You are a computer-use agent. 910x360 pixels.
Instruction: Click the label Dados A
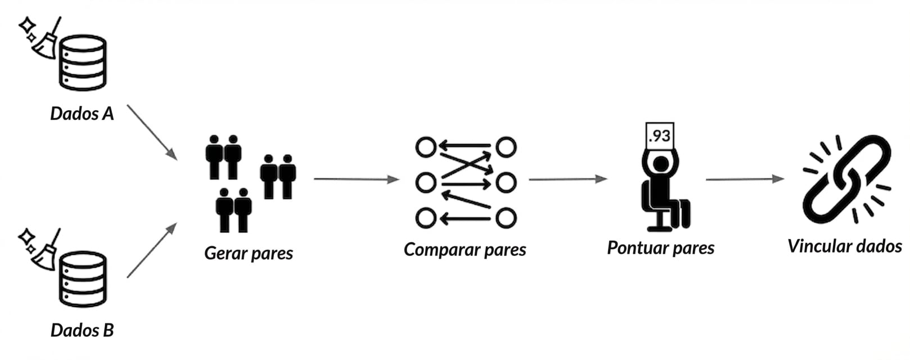click(x=82, y=114)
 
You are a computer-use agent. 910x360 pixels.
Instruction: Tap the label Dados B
click(x=82, y=330)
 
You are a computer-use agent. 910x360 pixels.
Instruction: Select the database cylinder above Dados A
click(x=83, y=62)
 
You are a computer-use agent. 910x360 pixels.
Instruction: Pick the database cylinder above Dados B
click(x=83, y=279)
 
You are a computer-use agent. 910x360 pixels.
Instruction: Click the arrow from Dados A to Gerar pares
click(x=151, y=131)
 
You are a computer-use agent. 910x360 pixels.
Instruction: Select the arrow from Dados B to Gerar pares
click(x=151, y=251)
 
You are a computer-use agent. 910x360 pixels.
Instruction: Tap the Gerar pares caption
click(x=249, y=253)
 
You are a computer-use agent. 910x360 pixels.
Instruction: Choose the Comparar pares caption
click(x=465, y=250)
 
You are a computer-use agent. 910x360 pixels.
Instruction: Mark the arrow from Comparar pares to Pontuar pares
click(x=567, y=179)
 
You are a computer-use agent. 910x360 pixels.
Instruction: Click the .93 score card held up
click(x=660, y=136)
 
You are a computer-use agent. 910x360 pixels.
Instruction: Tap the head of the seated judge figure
click(x=661, y=164)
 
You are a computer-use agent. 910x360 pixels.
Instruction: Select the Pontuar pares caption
click(x=660, y=248)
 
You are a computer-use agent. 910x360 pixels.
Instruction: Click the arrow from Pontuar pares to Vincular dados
click(x=744, y=179)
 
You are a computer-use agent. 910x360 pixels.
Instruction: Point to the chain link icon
click(x=847, y=179)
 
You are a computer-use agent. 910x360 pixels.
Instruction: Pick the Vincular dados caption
click(x=844, y=246)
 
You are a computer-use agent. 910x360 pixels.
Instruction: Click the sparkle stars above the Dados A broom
click(x=28, y=28)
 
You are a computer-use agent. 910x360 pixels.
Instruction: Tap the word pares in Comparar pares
click(x=504, y=250)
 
